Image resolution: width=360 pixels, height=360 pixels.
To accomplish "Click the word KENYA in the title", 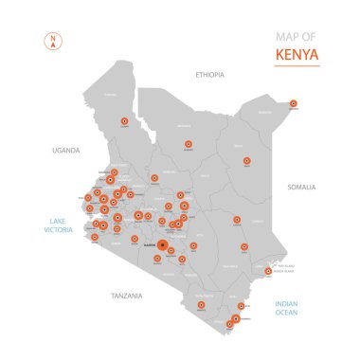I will [x=296, y=54].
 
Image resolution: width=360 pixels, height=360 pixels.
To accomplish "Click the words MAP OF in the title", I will [x=296, y=37].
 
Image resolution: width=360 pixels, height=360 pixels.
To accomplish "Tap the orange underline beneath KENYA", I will [x=297, y=66].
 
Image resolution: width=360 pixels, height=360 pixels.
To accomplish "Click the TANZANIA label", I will [x=125, y=296].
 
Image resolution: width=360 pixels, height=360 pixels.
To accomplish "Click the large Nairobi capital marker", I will [x=163, y=245].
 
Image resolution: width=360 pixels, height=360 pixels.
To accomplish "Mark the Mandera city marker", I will [x=293, y=103].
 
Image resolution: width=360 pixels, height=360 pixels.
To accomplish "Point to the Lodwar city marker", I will [x=125, y=121].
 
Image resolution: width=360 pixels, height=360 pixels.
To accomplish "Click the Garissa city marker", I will [x=236, y=222].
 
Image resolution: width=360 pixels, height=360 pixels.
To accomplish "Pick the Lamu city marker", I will [x=268, y=271].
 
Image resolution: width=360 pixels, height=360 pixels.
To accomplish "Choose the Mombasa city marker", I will [x=236, y=318].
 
